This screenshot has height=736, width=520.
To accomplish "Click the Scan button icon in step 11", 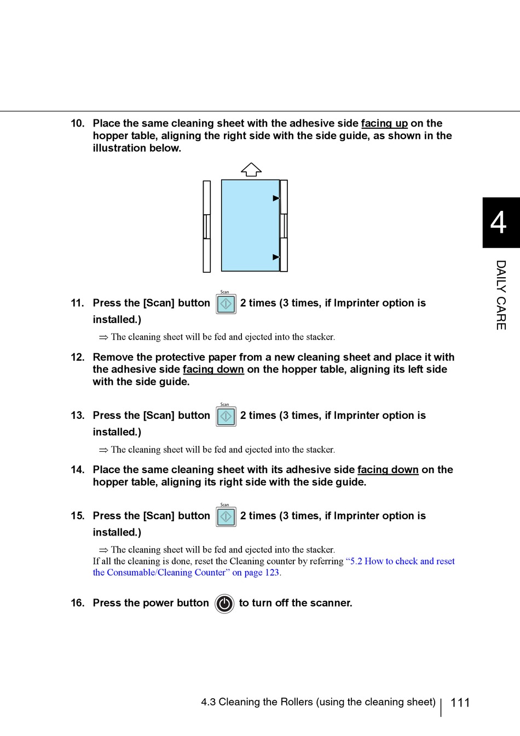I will [x=226, y=304].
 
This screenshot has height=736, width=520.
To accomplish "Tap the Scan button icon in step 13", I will [x=226, y=416].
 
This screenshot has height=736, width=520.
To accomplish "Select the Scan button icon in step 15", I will [x=226, y=516].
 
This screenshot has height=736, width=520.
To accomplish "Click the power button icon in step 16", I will [x=224, y=603].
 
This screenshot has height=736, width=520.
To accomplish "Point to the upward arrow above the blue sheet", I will [x=251, y=170].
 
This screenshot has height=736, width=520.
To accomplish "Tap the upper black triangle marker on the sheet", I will [x=276, y=198].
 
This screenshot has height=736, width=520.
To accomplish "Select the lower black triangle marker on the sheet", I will [x=276, y=257].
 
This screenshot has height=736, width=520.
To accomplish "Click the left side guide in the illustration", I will [x=206, y=226].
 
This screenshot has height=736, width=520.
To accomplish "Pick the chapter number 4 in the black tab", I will [x=499, y=223].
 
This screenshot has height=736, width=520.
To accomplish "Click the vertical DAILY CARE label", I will [x=501, y=295].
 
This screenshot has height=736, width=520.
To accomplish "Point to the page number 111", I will [x=460, y=703].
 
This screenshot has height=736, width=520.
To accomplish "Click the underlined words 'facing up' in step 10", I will [x=384, y=124].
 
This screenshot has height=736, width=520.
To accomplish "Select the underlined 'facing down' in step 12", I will [x=213, y=370].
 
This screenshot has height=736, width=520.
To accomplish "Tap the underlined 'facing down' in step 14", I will [x=388, y=470].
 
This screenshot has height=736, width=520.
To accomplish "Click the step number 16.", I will [x=77, y=603].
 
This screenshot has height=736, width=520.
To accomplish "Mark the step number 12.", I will [x=77, y=358].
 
